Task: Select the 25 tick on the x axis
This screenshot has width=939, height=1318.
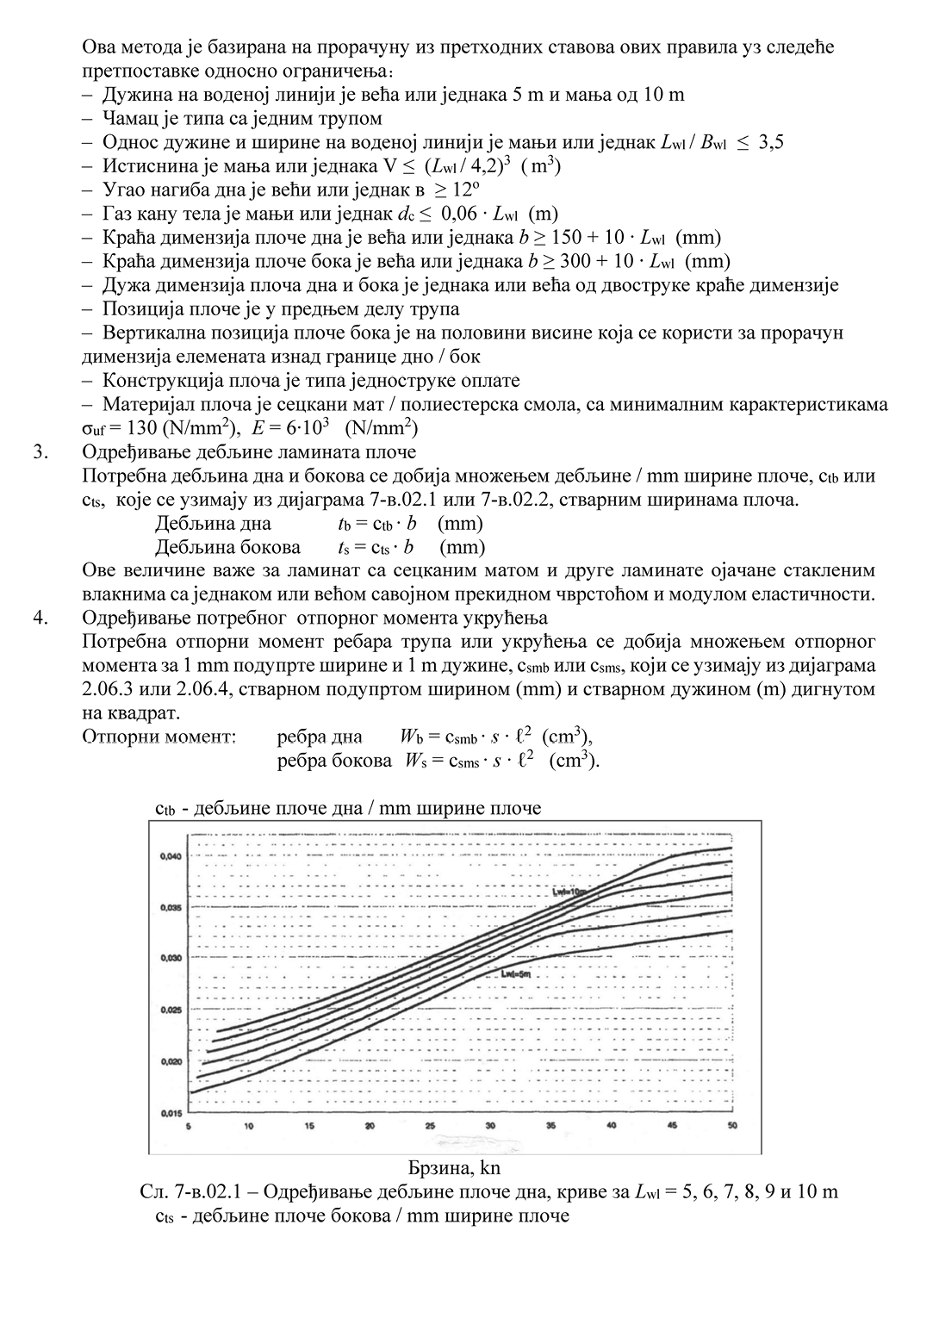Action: (x=430, y=1126)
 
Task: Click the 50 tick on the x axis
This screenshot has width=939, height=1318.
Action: (x=732, y=1126)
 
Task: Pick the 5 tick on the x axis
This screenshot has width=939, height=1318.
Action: (x=189, y=1126)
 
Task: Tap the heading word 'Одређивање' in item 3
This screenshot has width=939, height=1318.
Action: (x=130, y=451)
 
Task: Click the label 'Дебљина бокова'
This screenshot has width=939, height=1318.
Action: (x=227, y=547)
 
